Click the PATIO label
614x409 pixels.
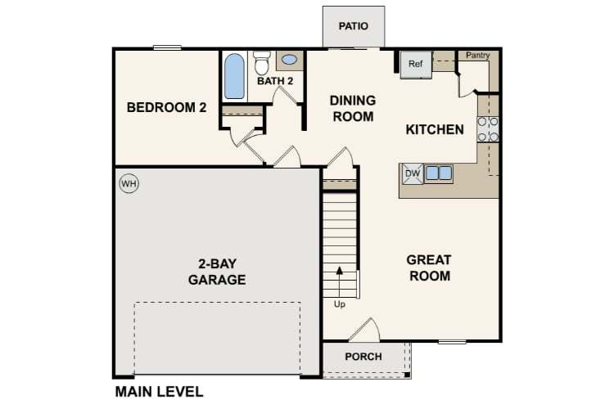coord(353,26)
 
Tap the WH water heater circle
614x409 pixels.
coord(129,183)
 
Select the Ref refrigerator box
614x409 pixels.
coord(415,64)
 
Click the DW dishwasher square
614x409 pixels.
coord(413,173)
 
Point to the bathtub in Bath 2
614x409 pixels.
coord(235,76)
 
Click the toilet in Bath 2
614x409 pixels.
coord(262,63)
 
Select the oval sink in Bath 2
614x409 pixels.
coord(289,60)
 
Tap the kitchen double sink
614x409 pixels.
coord(439,173)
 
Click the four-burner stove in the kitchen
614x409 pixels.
coord(488,129)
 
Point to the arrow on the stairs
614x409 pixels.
coord(340,281)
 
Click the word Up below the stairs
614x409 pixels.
coord(340,304)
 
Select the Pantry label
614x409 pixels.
coord(478,55)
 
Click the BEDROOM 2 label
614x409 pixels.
coord(166,107)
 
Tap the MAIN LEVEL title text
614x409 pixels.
coord(159,392)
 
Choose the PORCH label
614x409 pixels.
coord(363,357)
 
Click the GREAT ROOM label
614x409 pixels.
coord(429,267)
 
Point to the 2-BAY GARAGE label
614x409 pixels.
coord(217,272)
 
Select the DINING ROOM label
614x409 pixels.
coord(353,109)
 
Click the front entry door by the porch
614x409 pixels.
coord(364,330)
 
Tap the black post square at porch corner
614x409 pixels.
coord(407,375)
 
